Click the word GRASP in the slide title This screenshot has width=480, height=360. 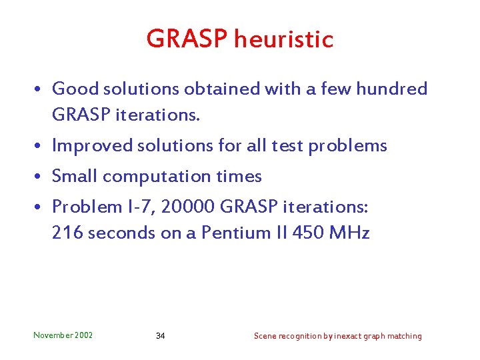pos(187,39)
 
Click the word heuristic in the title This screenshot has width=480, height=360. pos(283,39)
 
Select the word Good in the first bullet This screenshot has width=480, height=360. pos(72,89)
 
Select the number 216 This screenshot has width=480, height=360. pos(67,233)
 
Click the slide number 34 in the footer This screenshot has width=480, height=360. pos(160,336)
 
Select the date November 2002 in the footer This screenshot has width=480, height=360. pos(63,335)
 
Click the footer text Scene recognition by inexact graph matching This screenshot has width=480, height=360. pos(337,336)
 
